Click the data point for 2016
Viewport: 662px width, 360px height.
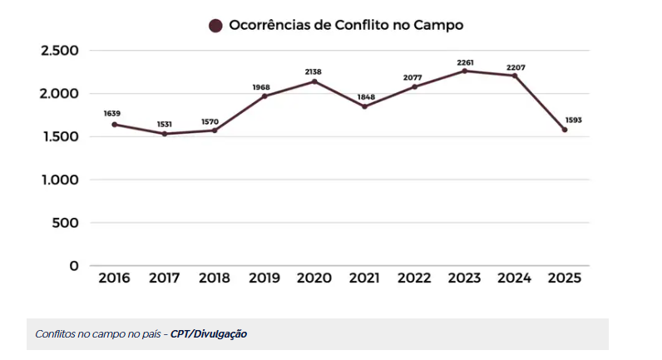[x=115, y=125]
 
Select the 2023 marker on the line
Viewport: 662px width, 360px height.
[x=465, y=71]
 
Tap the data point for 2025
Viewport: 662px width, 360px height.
[x=565, y=130]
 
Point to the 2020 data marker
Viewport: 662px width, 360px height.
[x=314, y=81]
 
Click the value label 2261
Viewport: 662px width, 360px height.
[x=465, y=61]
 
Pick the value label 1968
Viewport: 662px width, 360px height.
[x=264, y=86]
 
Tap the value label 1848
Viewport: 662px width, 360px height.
[x=364, y=96]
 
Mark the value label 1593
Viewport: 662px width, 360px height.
[x=572, y=120]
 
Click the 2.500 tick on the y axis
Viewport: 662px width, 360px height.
[x=60, y=51]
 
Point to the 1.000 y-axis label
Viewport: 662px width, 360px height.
[x=60, y=180]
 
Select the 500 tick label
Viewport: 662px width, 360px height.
[x=66, y=223]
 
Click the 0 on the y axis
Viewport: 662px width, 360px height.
[x=74, y=266]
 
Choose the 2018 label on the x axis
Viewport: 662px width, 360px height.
[x=215, y=279]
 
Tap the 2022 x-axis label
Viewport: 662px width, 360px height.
[x=415, y=279]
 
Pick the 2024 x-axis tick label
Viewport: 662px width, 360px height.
[x=515, y=279]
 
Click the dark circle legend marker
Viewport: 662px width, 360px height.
[x=215, y=26]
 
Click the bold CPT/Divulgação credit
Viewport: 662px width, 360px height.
[x=209, y=334]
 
